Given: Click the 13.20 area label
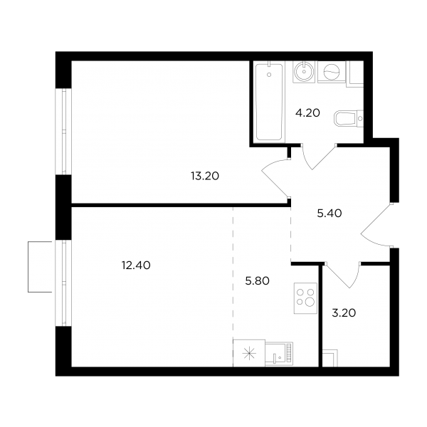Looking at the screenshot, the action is [205, 176].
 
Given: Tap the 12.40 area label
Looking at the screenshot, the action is [136, 265].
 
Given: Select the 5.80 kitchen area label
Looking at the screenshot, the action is [257, 281].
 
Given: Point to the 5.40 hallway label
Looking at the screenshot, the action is [330, 213].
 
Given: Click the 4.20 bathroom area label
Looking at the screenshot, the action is [307, 112].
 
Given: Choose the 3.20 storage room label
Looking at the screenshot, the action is [344, 313].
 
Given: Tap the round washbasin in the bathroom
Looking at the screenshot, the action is [303, 72].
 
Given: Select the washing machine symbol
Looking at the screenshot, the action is [332, 72].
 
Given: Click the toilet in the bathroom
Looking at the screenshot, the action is [349, 118].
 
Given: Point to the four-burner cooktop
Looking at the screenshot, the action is [305, 298].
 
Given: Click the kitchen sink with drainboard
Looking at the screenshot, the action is [279, 353].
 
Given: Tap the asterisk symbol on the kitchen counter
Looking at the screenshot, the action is [249, 354].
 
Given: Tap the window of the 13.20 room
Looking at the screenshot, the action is [64, 132].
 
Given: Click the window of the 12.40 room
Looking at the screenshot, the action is [64, 283].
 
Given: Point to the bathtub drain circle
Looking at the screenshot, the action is [269, 75].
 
